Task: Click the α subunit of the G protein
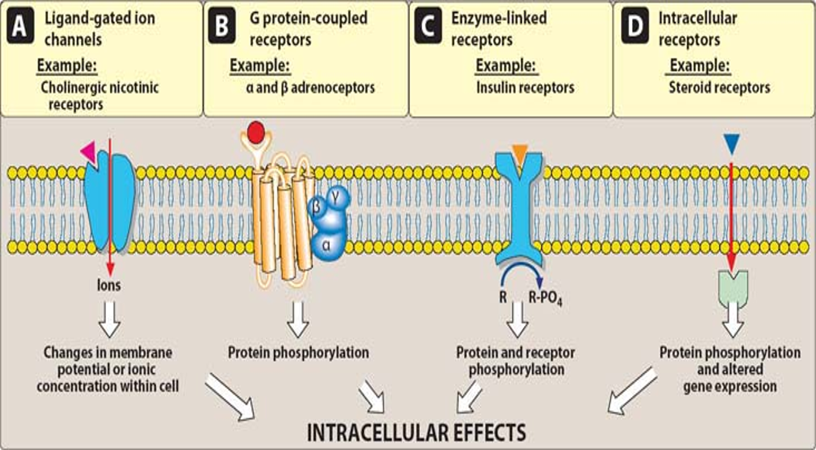click(x=327, y=245)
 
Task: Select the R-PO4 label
click(x=545, y=299)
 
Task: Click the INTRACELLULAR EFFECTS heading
click(x=416, y=432)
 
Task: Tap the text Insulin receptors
click(x=524, y=88)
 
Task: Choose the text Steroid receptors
click(x=719, y=88)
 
